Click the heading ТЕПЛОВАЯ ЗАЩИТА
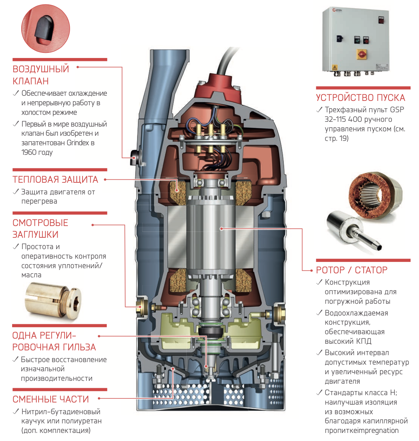pos(55,180)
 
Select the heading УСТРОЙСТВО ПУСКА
pos(360,98)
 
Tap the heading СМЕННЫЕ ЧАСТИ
pos(51,399)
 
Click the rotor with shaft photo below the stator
pos(352,231)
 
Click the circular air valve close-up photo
pos(45,29)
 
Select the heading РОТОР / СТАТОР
pos(351,270)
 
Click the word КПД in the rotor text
pos(364,341)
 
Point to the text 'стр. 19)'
pos(336,139)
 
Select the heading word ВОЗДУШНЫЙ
pos(41,69)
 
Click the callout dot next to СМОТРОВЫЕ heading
pos(93,225)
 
